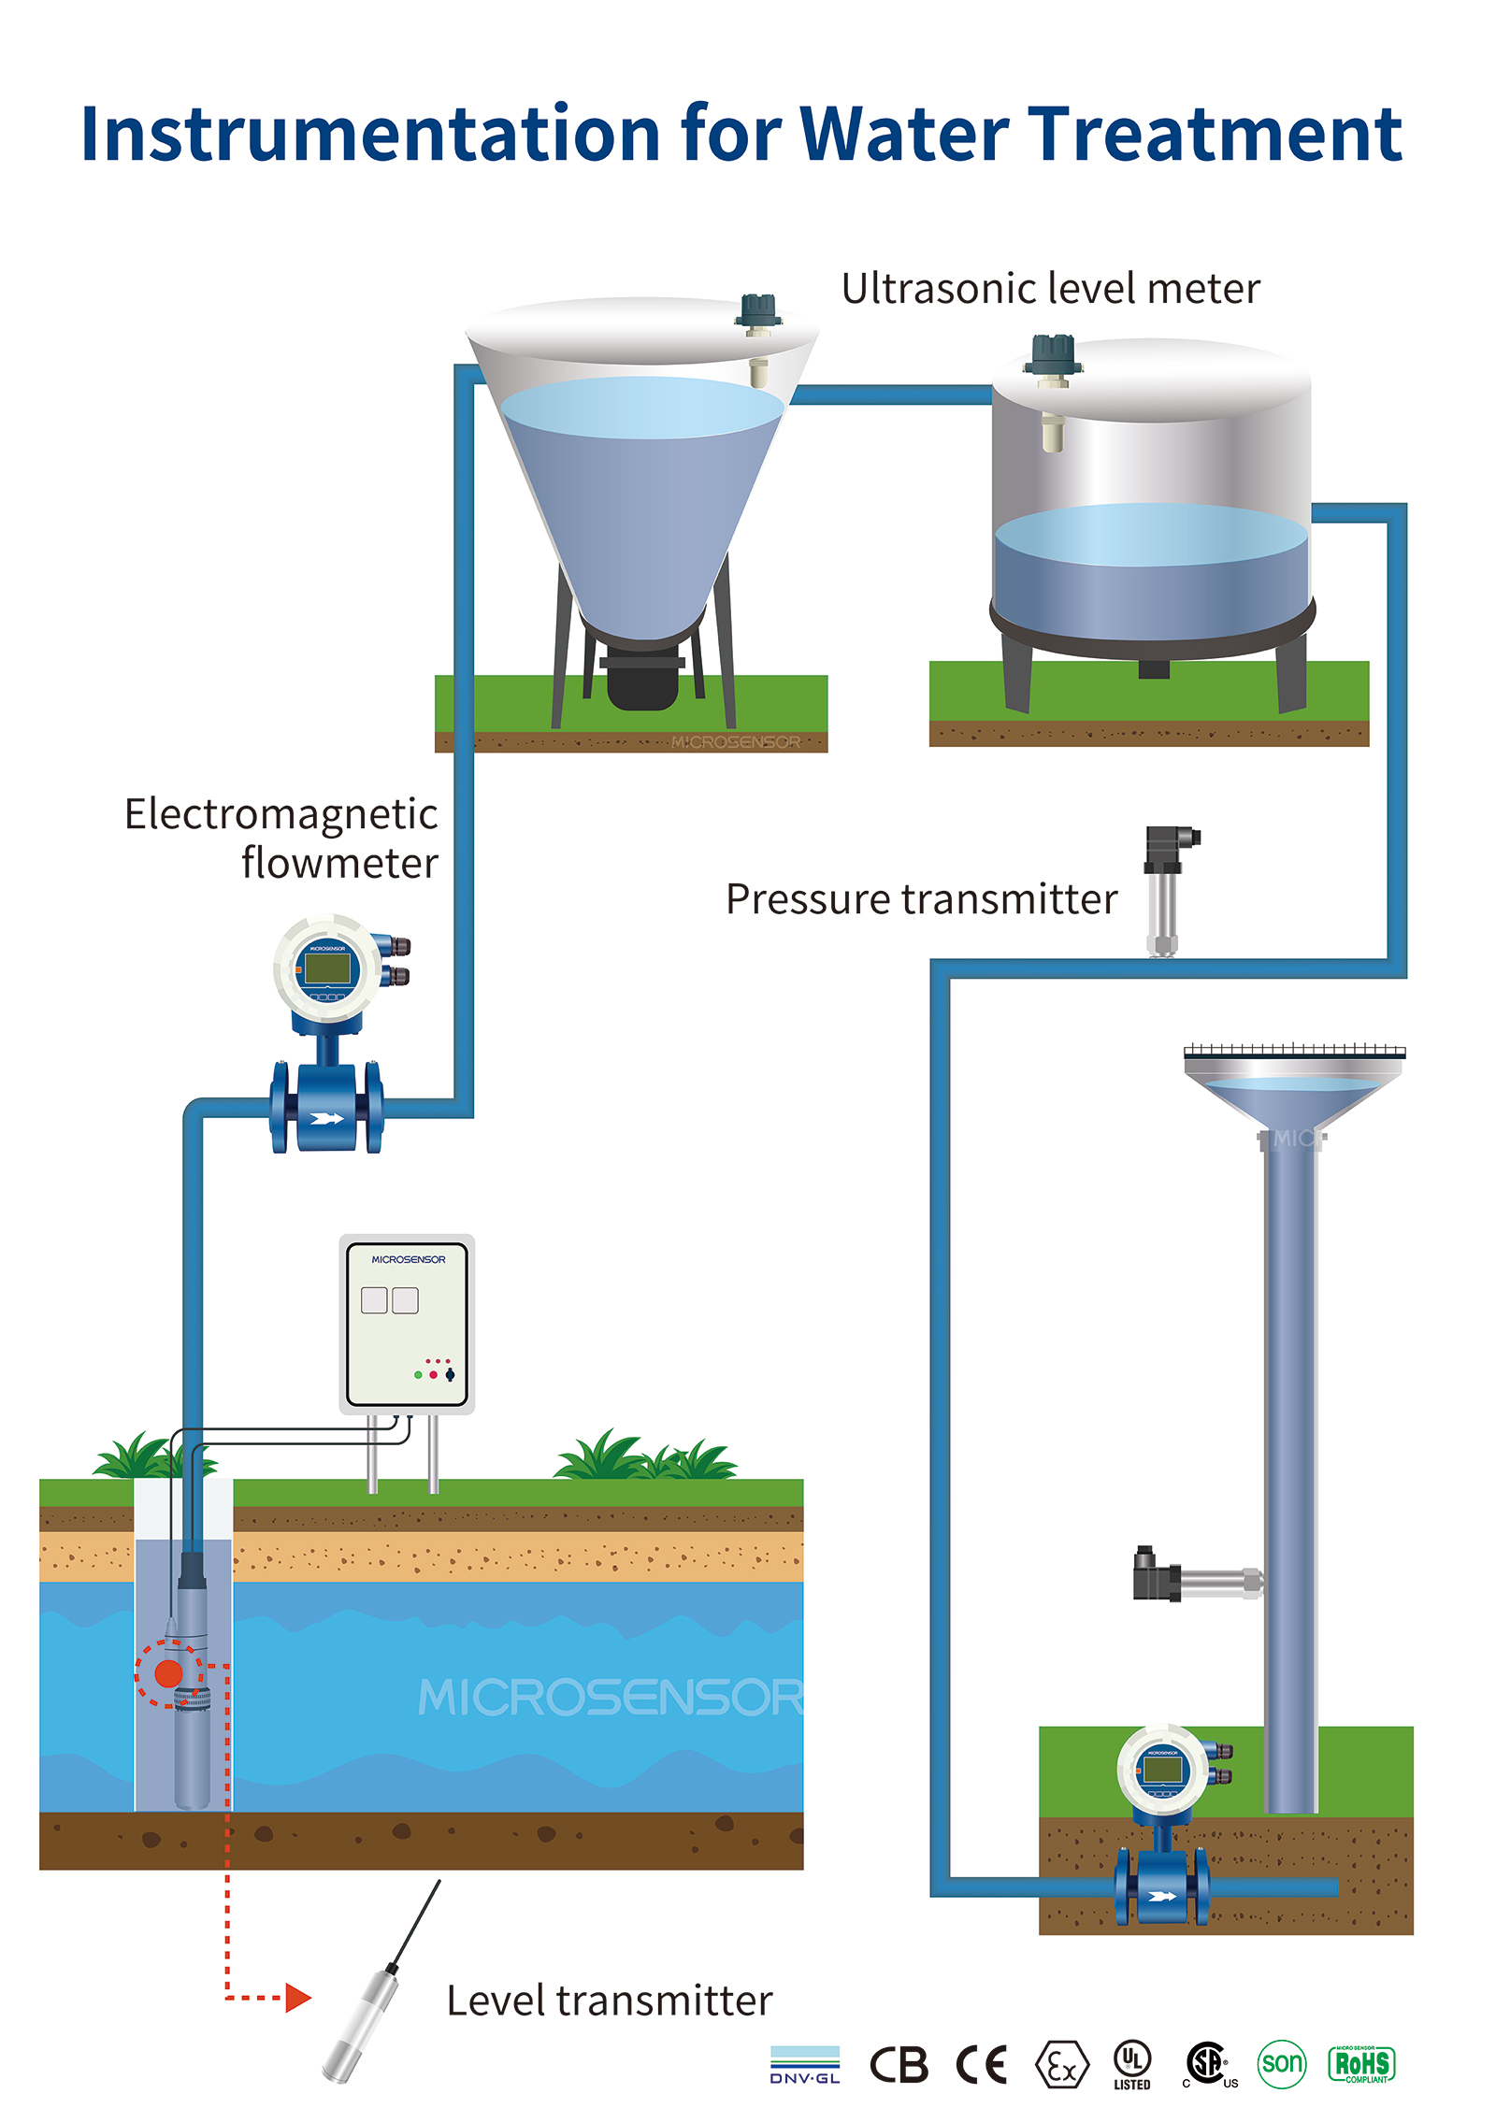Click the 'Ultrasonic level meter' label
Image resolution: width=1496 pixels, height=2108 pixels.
pyautogui.click(x=1050, y=289)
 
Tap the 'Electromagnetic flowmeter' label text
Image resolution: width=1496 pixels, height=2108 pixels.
pyautogui.click(x=281, y=839)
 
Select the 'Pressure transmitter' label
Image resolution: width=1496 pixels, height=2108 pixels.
pyautogui.click(x=921, y=899)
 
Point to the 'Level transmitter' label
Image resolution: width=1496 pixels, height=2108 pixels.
pyautogui.click(x=609, y=2001)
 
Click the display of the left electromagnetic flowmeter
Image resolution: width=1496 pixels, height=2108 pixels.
pyautogui.click(x=327, y=968)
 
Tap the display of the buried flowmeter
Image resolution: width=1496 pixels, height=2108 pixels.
pyautogui.click(x=1162, y=1770)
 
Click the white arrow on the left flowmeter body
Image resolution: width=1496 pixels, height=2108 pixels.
pyautogui.click(x=327, y=1118)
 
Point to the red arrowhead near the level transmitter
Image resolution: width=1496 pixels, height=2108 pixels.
pyautogui.click(x=297, y=1998)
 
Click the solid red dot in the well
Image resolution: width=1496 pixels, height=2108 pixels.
pyautogui.click(x=168, y=1672)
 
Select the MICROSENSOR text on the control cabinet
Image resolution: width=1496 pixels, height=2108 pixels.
pyautogui.click(x=409, y=1259)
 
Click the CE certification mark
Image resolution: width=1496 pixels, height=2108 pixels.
pyautogui.click(x=981, y=2065)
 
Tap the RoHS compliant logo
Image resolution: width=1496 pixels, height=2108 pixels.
pyautogui.click(x=1361, y=2064)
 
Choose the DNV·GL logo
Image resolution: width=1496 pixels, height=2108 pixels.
pyautogui.click(x=805, y=2065)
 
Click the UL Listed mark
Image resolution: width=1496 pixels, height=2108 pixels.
pyautogui.click(x=1131, y=2063)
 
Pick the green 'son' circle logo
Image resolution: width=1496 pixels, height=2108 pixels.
pyautogui.click(x=1281, y=2063)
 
